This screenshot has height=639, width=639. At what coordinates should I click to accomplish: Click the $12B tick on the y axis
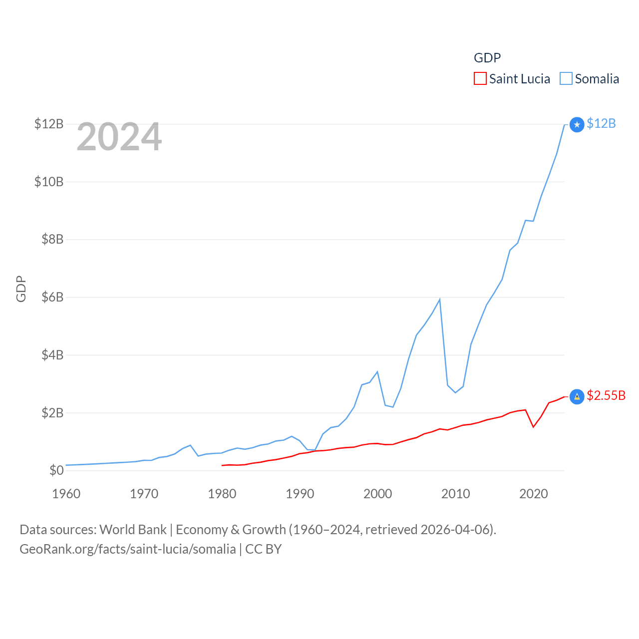(49, 124)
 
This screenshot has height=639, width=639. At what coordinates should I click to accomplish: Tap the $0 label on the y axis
(56, 470)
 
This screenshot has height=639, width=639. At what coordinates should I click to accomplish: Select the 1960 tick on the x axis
(66, 494)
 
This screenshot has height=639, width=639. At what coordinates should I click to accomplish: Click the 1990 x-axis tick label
(300, 494)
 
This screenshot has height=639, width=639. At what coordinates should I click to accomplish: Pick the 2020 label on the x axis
(533, 494)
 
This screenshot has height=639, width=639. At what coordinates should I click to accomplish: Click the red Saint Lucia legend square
(480, 79)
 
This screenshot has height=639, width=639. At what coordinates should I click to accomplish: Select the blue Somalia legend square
(566, 79)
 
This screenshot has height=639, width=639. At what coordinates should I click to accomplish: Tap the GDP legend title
(487, 58)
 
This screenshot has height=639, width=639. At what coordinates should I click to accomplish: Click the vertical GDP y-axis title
(21, 289)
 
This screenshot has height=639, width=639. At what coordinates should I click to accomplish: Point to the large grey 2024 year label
(119, 137)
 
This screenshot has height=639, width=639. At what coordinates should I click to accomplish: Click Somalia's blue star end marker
(577, 124)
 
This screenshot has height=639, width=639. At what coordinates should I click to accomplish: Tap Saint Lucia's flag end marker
(577, 396)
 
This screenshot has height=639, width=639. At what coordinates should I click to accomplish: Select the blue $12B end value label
(601, 124)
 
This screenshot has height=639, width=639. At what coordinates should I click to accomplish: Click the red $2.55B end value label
(606, 395)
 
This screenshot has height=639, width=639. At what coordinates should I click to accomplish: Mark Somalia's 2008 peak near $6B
(439, 300)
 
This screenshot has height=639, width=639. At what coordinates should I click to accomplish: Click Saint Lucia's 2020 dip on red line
(533, 427)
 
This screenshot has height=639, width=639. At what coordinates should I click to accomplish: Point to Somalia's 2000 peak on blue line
(377, 372)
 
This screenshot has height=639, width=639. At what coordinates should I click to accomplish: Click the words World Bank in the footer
(133, 530)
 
